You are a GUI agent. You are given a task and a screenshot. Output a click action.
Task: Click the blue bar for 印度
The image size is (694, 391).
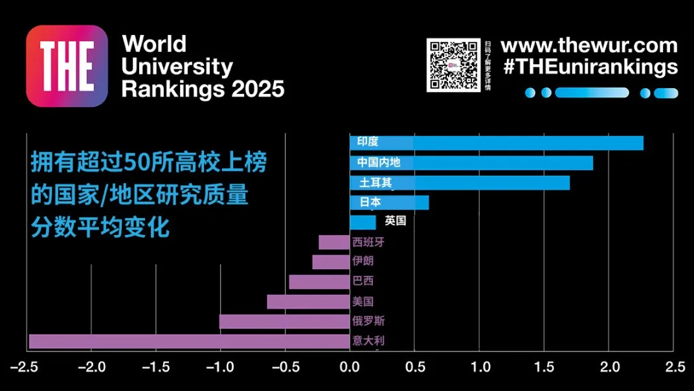click(518, 143)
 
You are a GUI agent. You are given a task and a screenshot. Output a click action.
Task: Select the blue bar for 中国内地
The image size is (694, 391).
click(492, 163)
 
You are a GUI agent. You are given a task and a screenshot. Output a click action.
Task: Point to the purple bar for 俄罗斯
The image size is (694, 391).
click(284, 322)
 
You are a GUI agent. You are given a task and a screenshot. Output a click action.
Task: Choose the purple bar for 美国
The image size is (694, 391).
click(308, 302)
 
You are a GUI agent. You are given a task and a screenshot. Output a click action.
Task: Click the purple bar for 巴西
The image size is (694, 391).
click(319, 282)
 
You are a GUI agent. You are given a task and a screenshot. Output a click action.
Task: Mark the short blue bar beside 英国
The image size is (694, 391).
click(363, 223)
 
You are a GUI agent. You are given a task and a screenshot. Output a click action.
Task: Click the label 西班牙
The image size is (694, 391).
click(363, 243)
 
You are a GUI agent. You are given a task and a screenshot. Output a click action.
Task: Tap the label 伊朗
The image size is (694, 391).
click(363, 262)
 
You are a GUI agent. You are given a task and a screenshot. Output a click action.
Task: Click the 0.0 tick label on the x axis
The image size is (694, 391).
click(350, 368)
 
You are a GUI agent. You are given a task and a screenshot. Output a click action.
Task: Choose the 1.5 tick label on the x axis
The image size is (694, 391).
click(544, 368)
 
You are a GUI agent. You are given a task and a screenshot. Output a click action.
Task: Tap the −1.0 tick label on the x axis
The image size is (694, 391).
click(220, 368)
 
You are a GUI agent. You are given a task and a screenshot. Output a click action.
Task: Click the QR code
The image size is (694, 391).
click(453, 65)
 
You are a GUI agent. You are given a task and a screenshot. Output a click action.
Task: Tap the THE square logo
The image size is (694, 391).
click(67, 66)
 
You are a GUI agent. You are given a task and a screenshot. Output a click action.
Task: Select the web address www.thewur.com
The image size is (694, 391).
click(589, 46)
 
